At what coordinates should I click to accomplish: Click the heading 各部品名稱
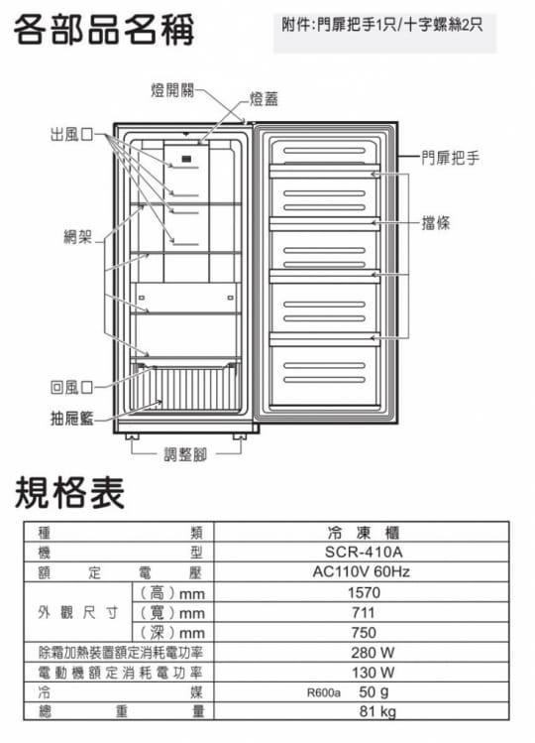pyautogui.click(x=104, y=30)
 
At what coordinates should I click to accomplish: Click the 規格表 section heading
pyautogui.click(x=69, y=493)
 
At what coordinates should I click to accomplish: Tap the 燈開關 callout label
pyautogui.click(x=172, y=89)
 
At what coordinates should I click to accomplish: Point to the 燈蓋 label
pyautogui.click(x=264, y=98)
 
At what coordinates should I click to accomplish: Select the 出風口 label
pyautogui.click(x=72, y=135)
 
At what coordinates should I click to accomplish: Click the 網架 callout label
pyautogui.click(x=78, y=236)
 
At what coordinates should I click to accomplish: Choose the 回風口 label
pyautogui.click(x=72, y=387)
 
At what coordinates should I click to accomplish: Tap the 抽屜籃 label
pyautogui.click(x=72, y=419)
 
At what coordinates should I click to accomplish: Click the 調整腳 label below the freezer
pyautogui.click(x=185, y=454)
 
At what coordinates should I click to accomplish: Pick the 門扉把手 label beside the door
pyautogui.click(x=450, y=158)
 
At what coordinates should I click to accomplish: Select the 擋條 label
pyautogui.click(x=436, y=223)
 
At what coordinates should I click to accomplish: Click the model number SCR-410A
pyautogui.click(x=364, y=552)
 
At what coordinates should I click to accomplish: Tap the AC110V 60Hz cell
pyautogui.click(x=362, y=572)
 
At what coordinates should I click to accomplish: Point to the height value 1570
pyautogui.click(x=364, y=592)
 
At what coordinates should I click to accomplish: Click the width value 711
pyautogui.click(x=364, y=612)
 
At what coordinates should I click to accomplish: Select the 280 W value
pyautogui.click(x=373, y=653)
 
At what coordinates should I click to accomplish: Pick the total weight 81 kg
pyautogui.click(x=377, y=711)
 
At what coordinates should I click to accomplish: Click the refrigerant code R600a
pyautogui.click(x=323, y=692)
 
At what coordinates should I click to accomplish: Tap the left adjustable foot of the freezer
pyautogui.click(x=132, y=436)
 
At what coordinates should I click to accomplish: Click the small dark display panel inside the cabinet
pyautogui.click(x=186, y=159)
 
